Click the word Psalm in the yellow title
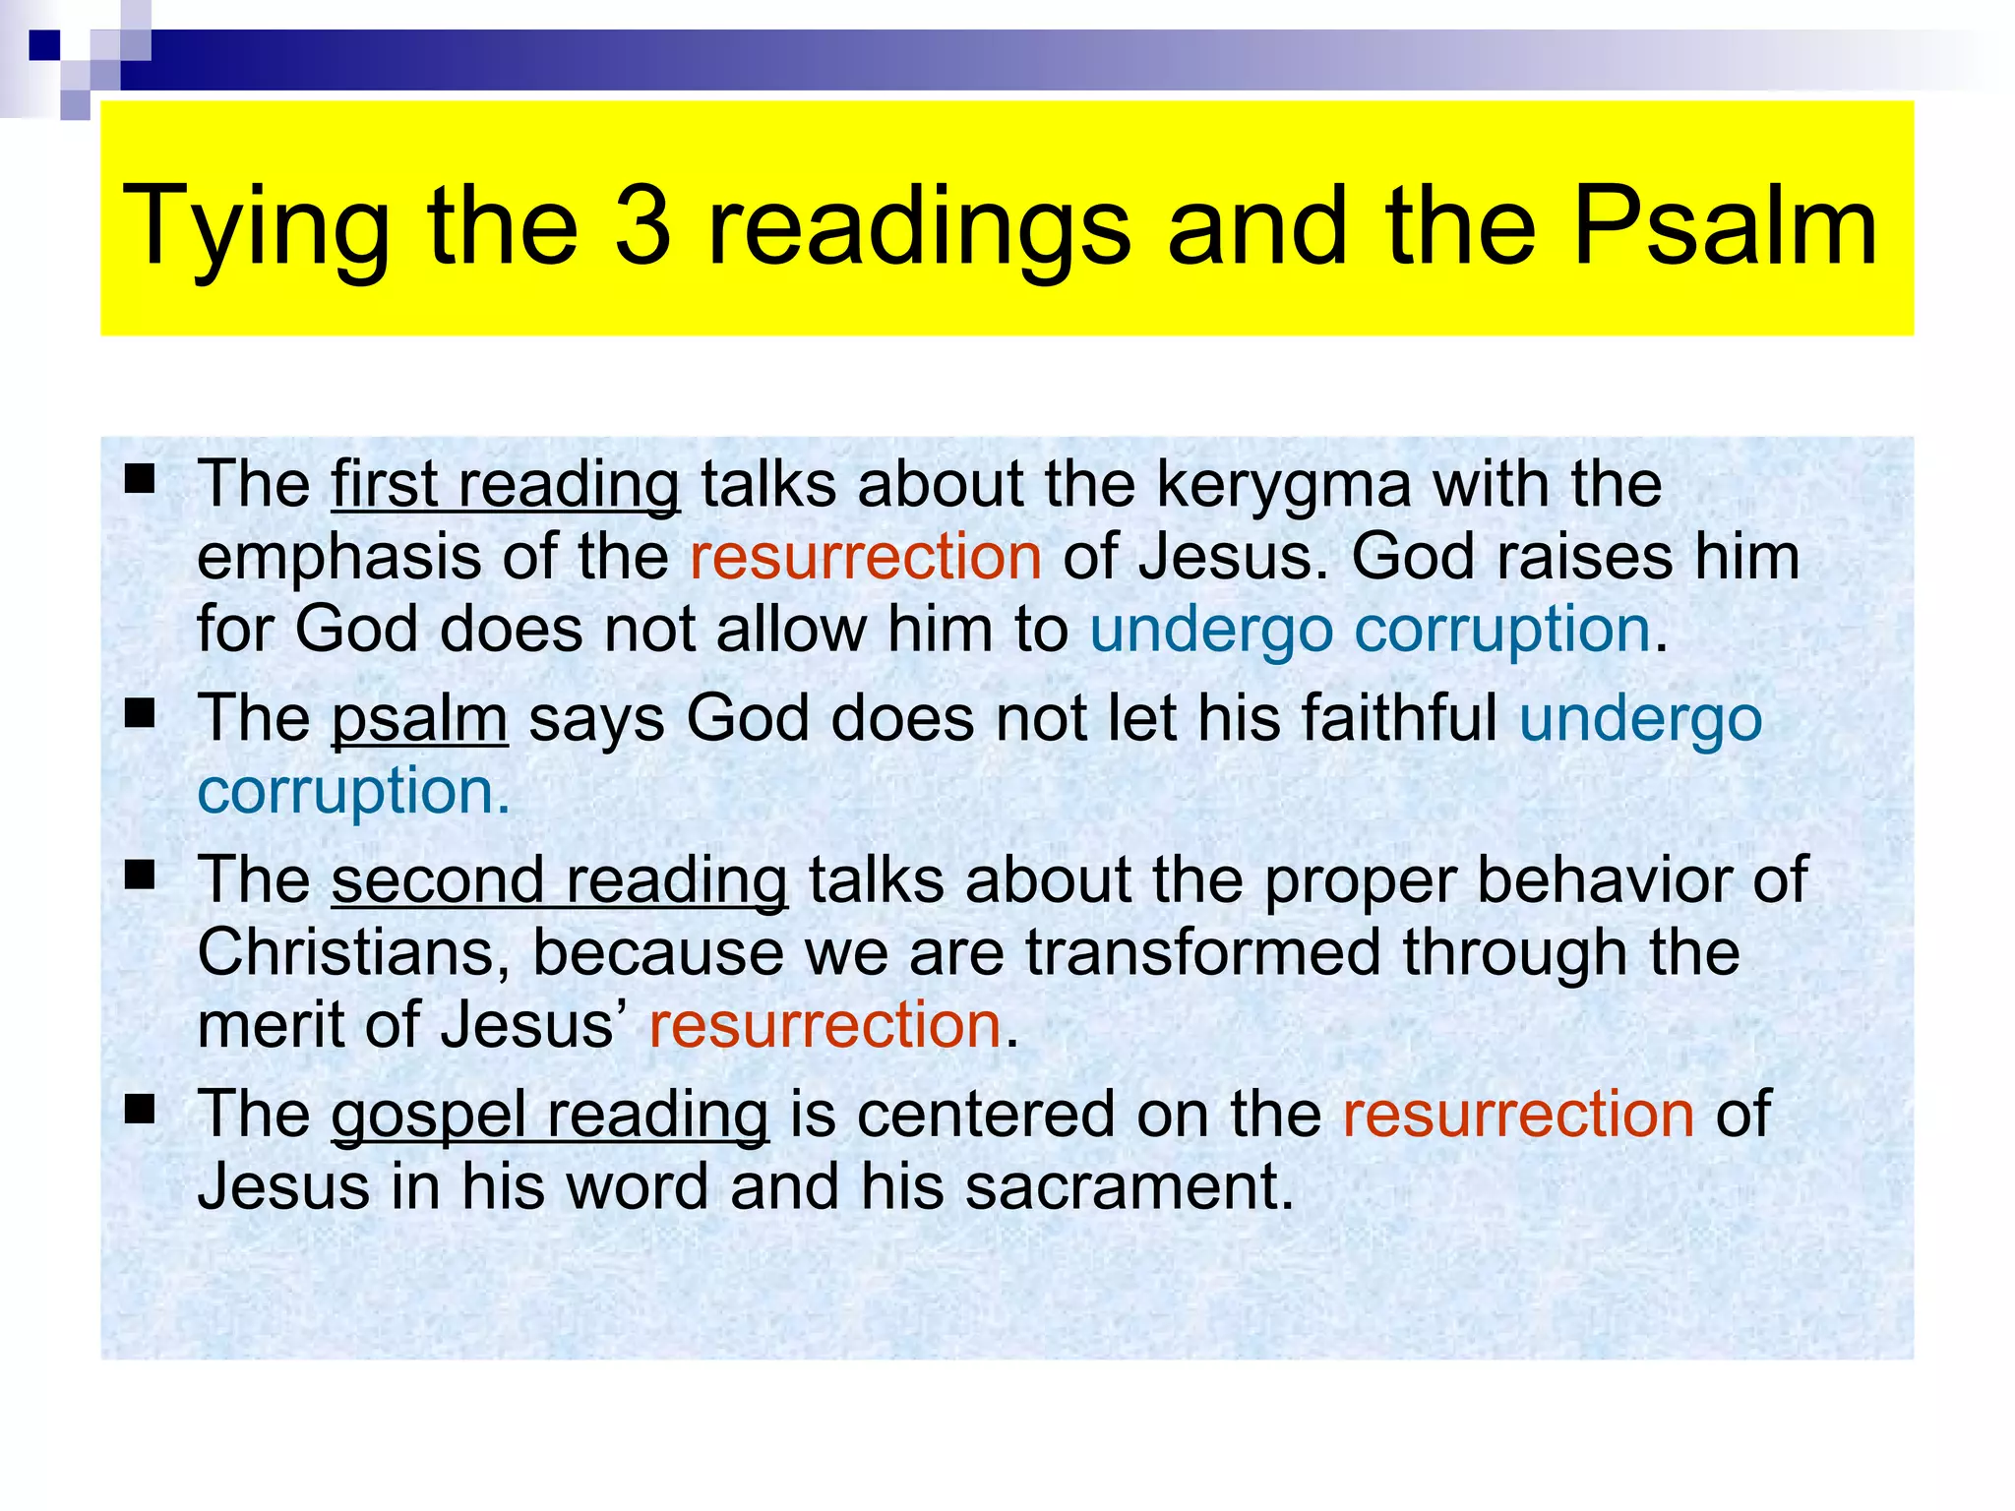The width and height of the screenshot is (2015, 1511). pos(1725,226)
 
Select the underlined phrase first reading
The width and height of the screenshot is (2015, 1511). pos(505,484)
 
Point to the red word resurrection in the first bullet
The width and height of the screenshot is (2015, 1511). pos(866,557)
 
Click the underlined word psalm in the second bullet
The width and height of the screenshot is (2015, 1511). pos(419,719)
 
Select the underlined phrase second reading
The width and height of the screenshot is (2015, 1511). pos(559,879)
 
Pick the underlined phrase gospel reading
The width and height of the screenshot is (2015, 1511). pos(549,1115)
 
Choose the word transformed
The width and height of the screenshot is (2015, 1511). pos(1202,952)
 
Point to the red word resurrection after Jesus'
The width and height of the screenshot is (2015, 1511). pos(824,1025)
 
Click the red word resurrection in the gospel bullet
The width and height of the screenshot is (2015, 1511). pos(1518,1114)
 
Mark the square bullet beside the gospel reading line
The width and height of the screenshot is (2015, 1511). pos(141,1110)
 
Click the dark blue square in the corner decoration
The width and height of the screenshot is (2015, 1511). pos(44,45)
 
